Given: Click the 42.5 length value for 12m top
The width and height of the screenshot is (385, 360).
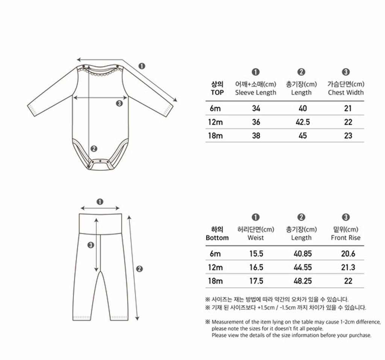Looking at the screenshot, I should (x=303, y=122).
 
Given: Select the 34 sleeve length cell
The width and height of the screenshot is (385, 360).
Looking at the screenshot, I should (x=256, y=109).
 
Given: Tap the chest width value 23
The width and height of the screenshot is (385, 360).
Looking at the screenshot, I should (x=348, y=136).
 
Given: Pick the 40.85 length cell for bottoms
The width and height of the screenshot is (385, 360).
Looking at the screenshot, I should (x=303, y=254).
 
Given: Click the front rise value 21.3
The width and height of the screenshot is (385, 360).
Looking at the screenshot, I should (x=348, y=268).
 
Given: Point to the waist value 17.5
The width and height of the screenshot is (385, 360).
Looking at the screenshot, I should (x=256, y=281).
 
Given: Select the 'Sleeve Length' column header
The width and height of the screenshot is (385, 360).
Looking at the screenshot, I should (x=256, y=92).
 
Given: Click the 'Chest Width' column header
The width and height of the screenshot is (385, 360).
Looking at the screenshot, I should (x=346, y=92).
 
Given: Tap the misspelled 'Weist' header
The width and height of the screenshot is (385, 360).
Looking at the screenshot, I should (x=256, y=237).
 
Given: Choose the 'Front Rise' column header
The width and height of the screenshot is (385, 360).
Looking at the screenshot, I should (x=346, y=237).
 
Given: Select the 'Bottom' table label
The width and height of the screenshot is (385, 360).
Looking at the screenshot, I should (x=217, y=237).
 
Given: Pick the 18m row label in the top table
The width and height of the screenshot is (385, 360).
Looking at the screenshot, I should (x=215, y=136).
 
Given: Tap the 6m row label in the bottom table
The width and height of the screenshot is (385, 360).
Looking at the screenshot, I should (x=215, y=254).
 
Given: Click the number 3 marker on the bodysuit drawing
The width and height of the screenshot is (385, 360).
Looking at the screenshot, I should (x=120, y=104).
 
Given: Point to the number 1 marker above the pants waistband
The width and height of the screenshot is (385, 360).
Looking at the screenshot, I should (x=100, y=201).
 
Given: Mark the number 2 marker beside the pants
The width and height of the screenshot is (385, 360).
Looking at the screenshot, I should (x=139, y=268).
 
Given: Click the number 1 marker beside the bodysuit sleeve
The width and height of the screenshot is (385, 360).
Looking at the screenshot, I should (x=142, y=66).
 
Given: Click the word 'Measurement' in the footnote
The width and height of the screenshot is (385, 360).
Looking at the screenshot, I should (x=228, y=322).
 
